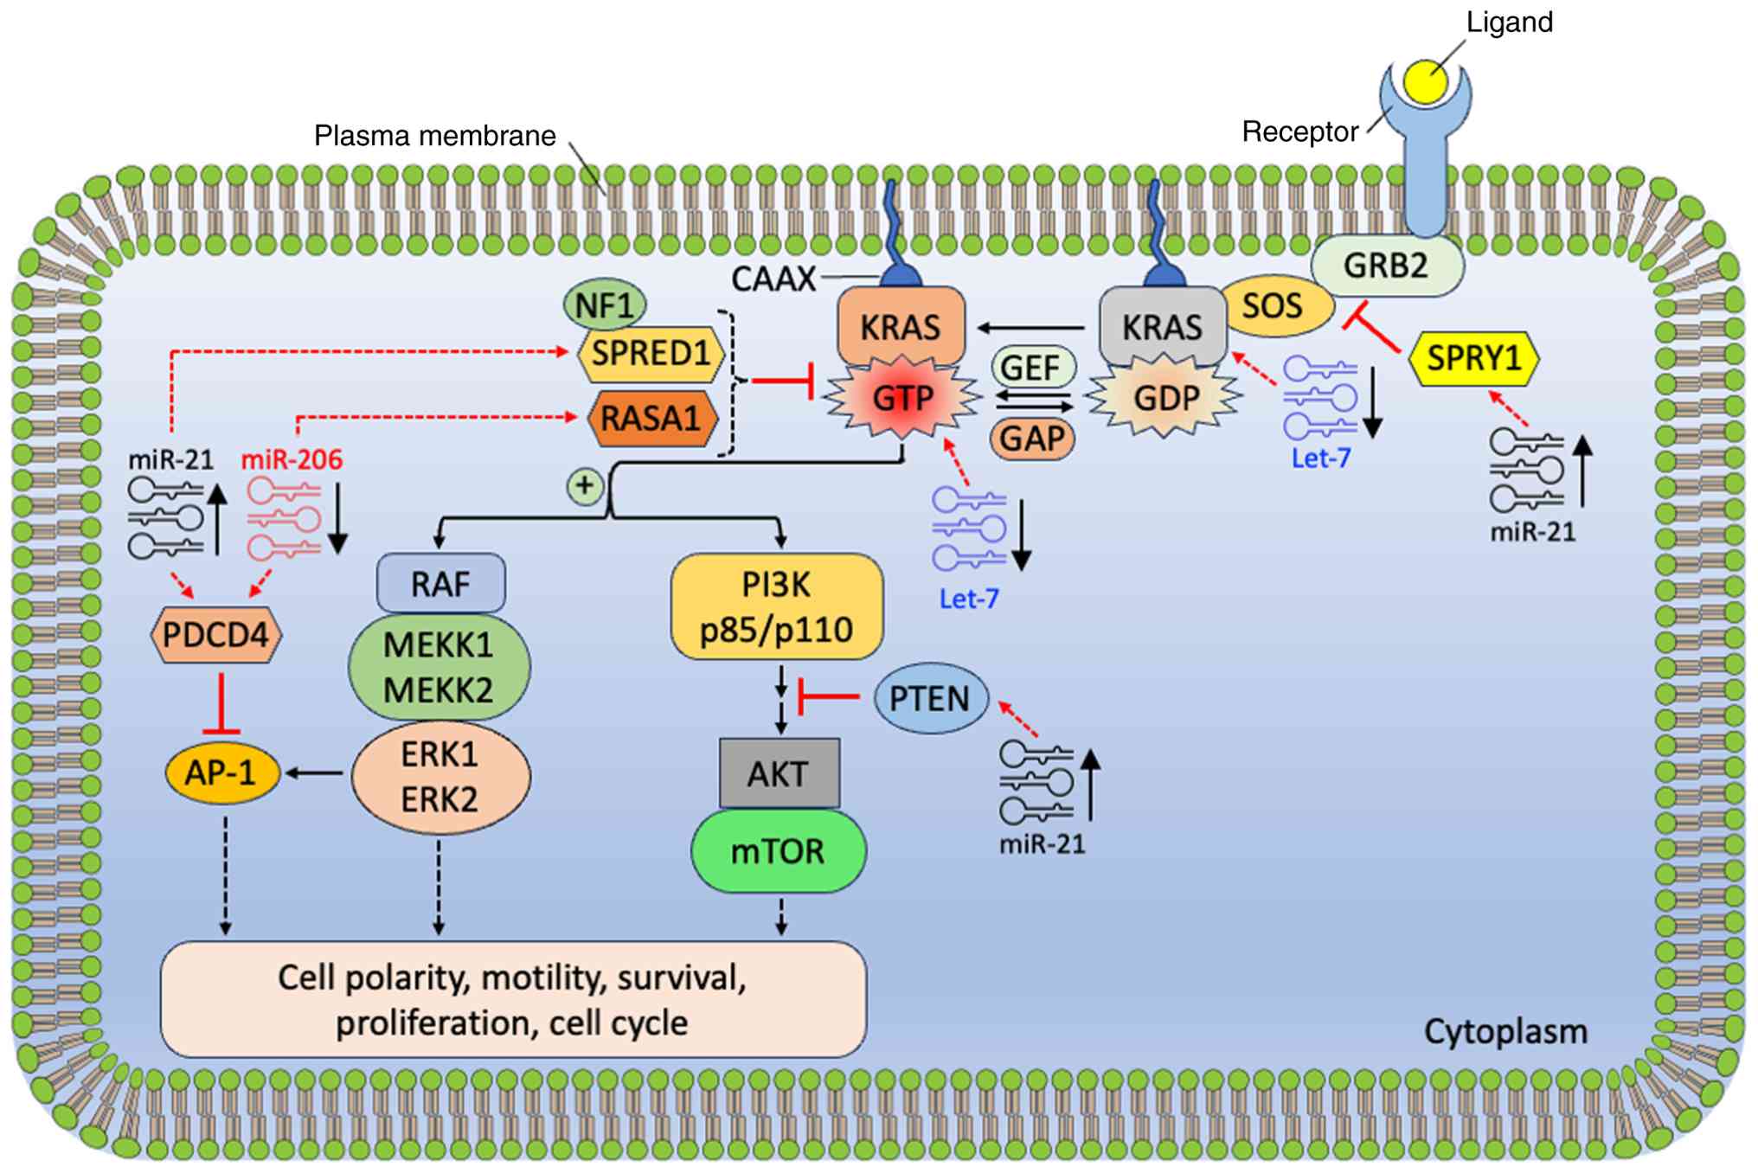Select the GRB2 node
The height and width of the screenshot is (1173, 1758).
pyautogui.click(x=1386, y=266)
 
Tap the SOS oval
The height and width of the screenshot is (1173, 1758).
pyautogui.click(x=1273, y=306)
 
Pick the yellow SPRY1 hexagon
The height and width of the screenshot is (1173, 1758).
pyautogui.click(x=1474, y=357)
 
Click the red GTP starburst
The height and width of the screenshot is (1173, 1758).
pyautogui.click(x=902, y=398)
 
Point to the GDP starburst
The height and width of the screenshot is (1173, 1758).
pyautogui.click(x=1166, y=398)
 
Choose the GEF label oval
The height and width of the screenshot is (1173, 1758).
pyautogui.click(x=1030, y=368)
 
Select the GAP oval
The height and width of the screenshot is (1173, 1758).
pyautogui.click(x=1032, y=439)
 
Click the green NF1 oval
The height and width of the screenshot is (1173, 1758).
pyautogui.click(x=605, y=305)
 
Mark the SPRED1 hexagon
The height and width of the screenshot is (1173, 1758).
pyautogui.click(x=651, y=353)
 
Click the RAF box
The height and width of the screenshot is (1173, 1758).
pyautogui.click(x=440, y=584)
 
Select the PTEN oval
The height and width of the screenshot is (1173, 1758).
pyautogui.click(x=930, y=698)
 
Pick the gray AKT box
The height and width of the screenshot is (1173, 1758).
pyautogui.click(x=779, y=773)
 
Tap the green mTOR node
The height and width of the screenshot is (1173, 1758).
pyautogui.click(x=778, y=851)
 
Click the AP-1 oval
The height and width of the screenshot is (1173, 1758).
pyautogui.click(x=221, y=772)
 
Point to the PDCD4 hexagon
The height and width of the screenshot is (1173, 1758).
pyautogui.click(x=216, y=635)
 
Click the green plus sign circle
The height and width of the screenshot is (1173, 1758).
pyautogui.click(x=585, y=486)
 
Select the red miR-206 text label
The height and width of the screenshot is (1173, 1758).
pyautogui.click(x=292, y=459)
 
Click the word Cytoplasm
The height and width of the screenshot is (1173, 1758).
pyautogui.click(x=1505, y=1032)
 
